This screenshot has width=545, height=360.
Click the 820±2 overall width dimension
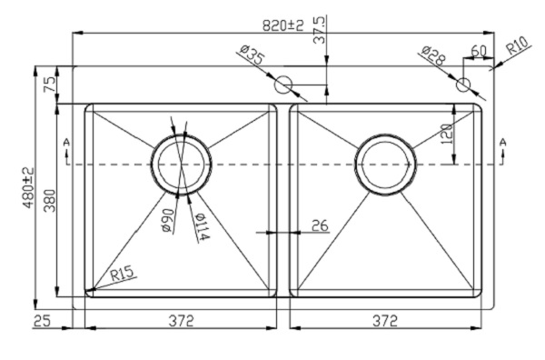[x=282, y=25]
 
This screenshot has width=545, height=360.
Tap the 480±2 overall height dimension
[x=29, y=187]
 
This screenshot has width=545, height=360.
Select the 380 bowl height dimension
[x=50, y=200]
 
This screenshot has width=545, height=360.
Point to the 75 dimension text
[x=50, y=85]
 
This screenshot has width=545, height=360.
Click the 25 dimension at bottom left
[x=42, y=320]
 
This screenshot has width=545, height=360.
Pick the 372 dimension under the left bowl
[x=181, y=320]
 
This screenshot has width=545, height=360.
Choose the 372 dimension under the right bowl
[x=385, y=320]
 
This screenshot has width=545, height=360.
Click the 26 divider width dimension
[x=320, y=225]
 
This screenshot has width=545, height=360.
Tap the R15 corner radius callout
[x=122, y=273]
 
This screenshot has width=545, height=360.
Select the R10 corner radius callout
[x=518, y=45]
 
